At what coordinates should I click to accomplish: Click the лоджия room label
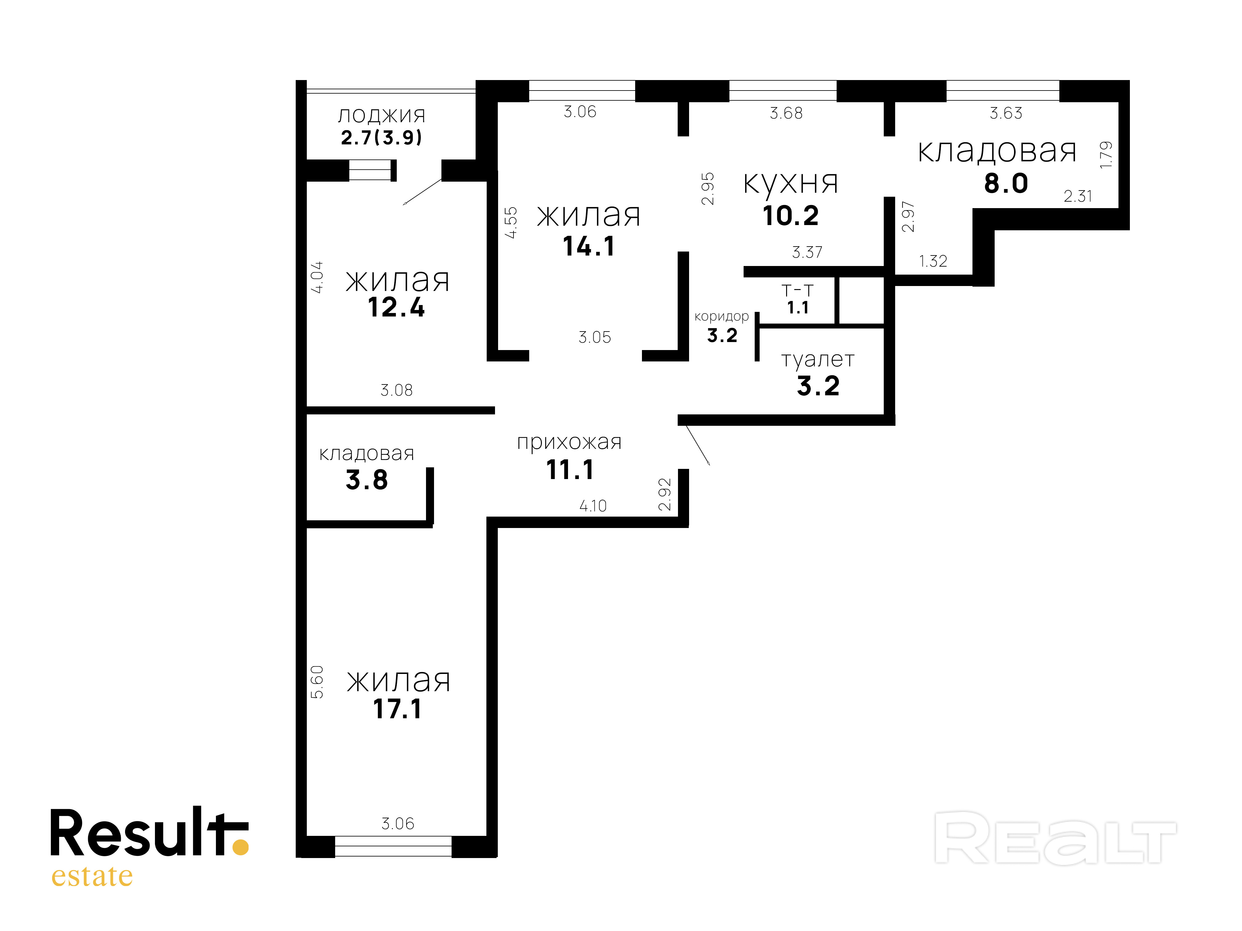pos(381,115)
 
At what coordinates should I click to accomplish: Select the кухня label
pos(790,183)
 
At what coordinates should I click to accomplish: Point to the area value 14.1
pos(588,246)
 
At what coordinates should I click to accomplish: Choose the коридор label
pos(721,316)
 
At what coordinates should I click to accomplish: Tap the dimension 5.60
pos(317,682)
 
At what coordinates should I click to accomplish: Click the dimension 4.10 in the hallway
pos(593,506)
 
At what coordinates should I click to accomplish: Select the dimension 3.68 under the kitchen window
pos(786,113)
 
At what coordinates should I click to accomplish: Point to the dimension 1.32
pos(933,261)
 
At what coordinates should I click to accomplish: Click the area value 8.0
pos(1006,183)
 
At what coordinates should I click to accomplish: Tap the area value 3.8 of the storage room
pos(367,480)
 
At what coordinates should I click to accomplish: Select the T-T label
pos(797,291)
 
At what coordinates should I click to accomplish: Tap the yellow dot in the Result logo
pos(240,847)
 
